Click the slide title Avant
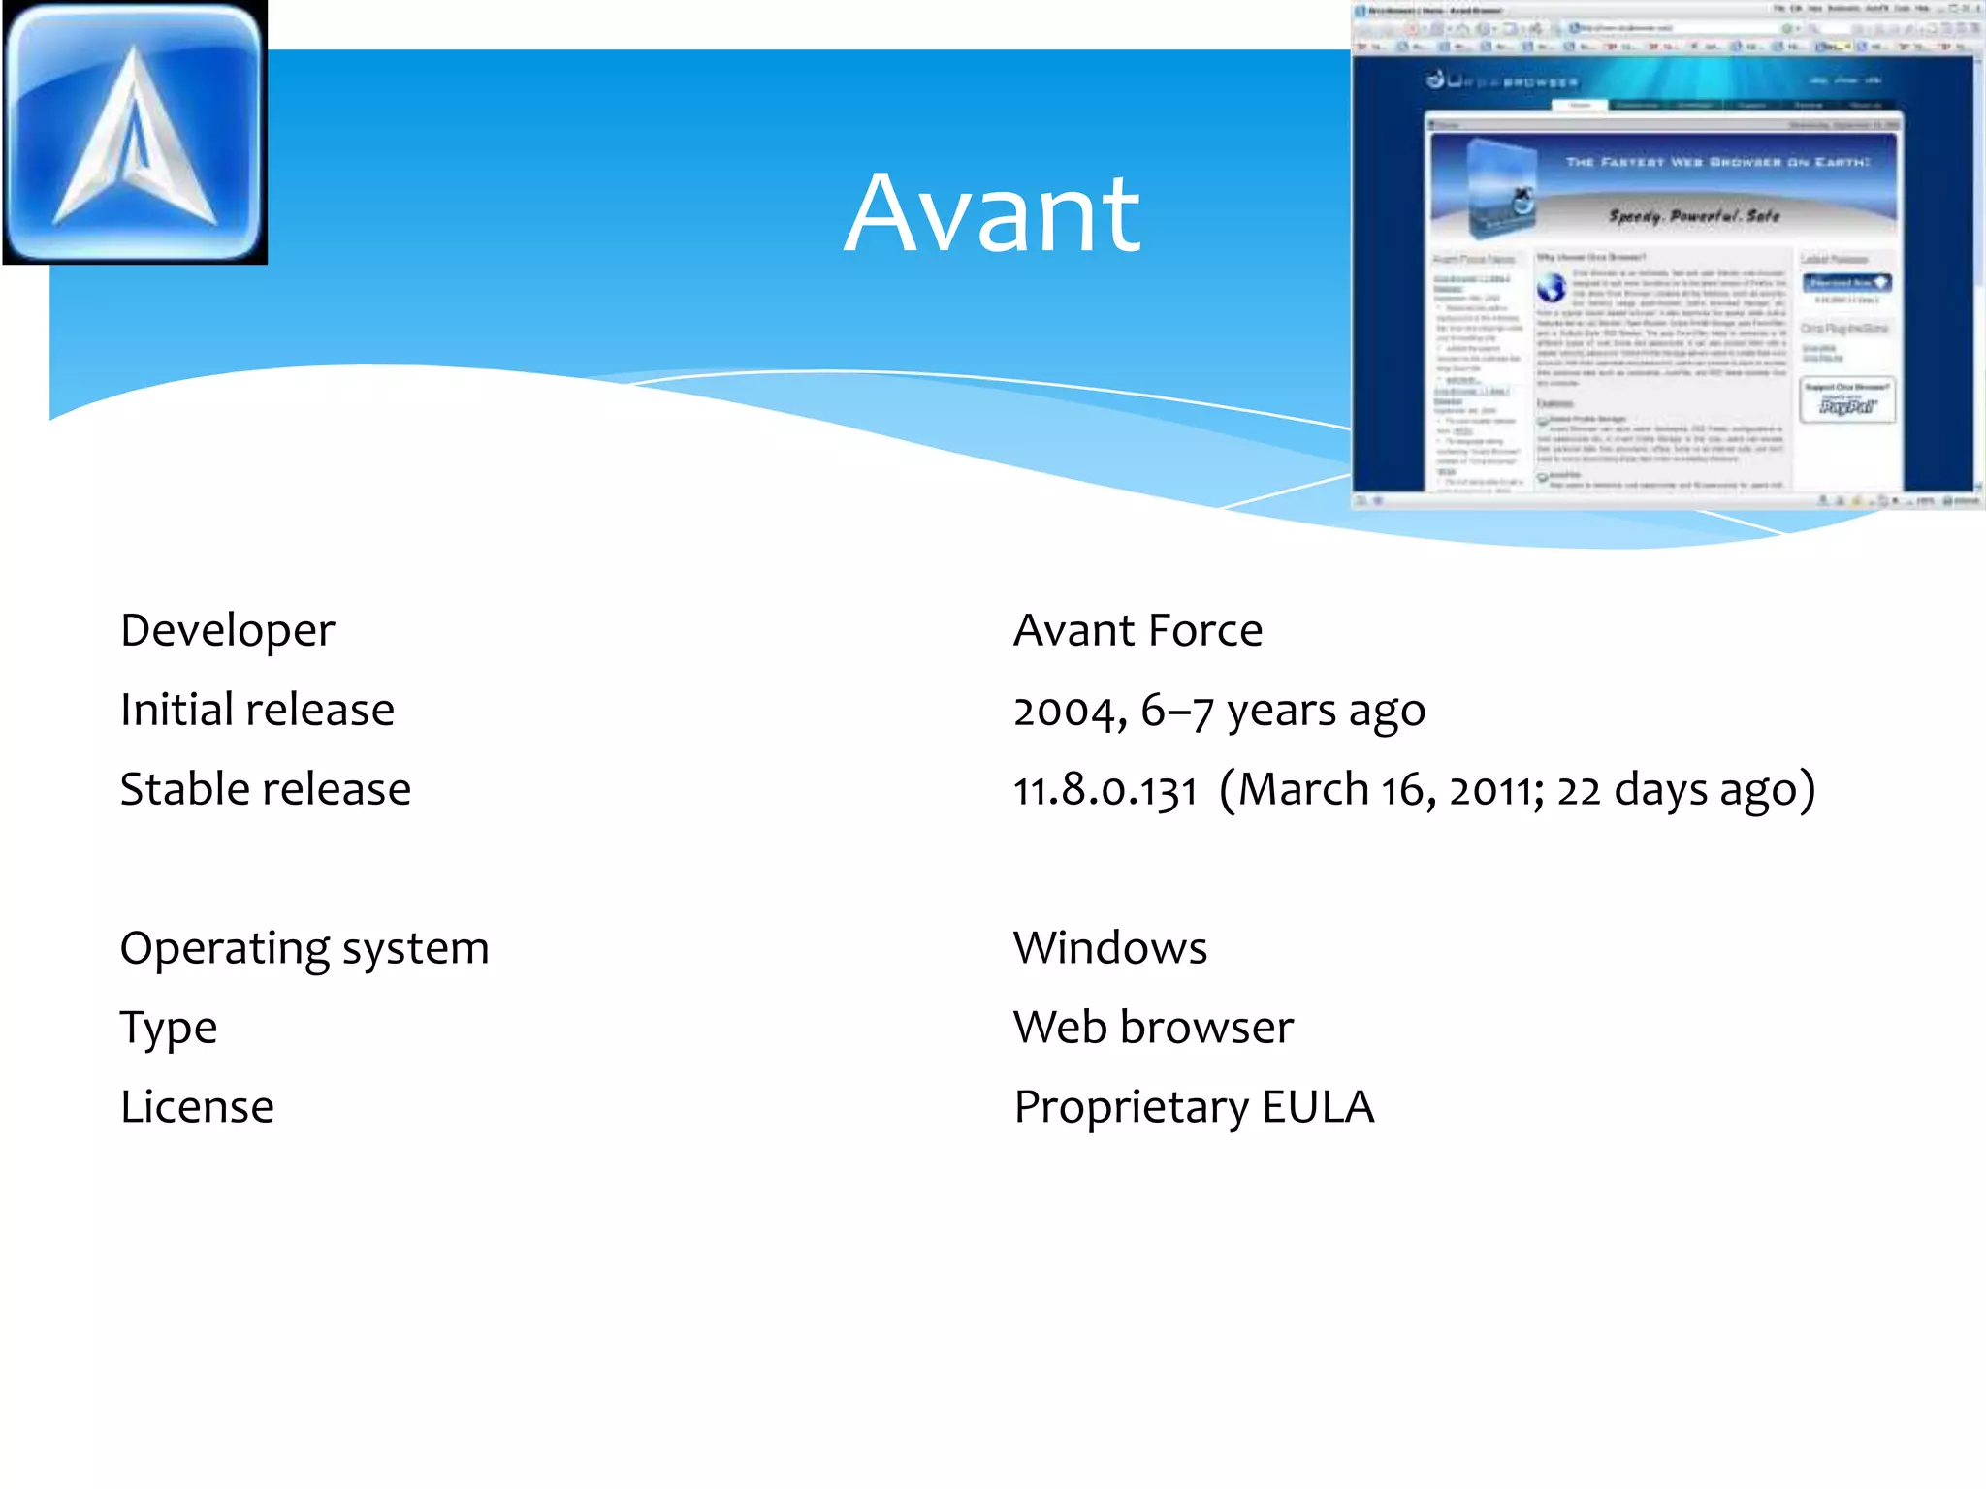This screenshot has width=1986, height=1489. pyautogui.click(x=992, y=213)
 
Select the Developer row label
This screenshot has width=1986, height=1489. pyautogui.click(x=227, y=631)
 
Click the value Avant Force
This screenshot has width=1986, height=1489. pyautogui.click(x=1137, y=631)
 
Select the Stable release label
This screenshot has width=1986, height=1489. pyautogui.click(x=265, y=789)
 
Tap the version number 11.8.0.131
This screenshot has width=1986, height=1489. pyautogui.click(x=1105, y=791)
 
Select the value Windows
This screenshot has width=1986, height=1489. pyautogui.click(x=1110, y=948)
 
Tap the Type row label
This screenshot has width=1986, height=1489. pyautogui.click(x=169, y=1028)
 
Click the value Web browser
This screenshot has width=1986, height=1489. pyautogui.click(x=1153, y=1028)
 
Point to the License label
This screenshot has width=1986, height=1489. pyautogui.click(x=197, y=1107)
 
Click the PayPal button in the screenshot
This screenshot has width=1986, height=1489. pyautogui.click(x=1845, y=406)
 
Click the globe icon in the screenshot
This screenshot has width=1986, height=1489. pyautogui.click(x=1552, y=288)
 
